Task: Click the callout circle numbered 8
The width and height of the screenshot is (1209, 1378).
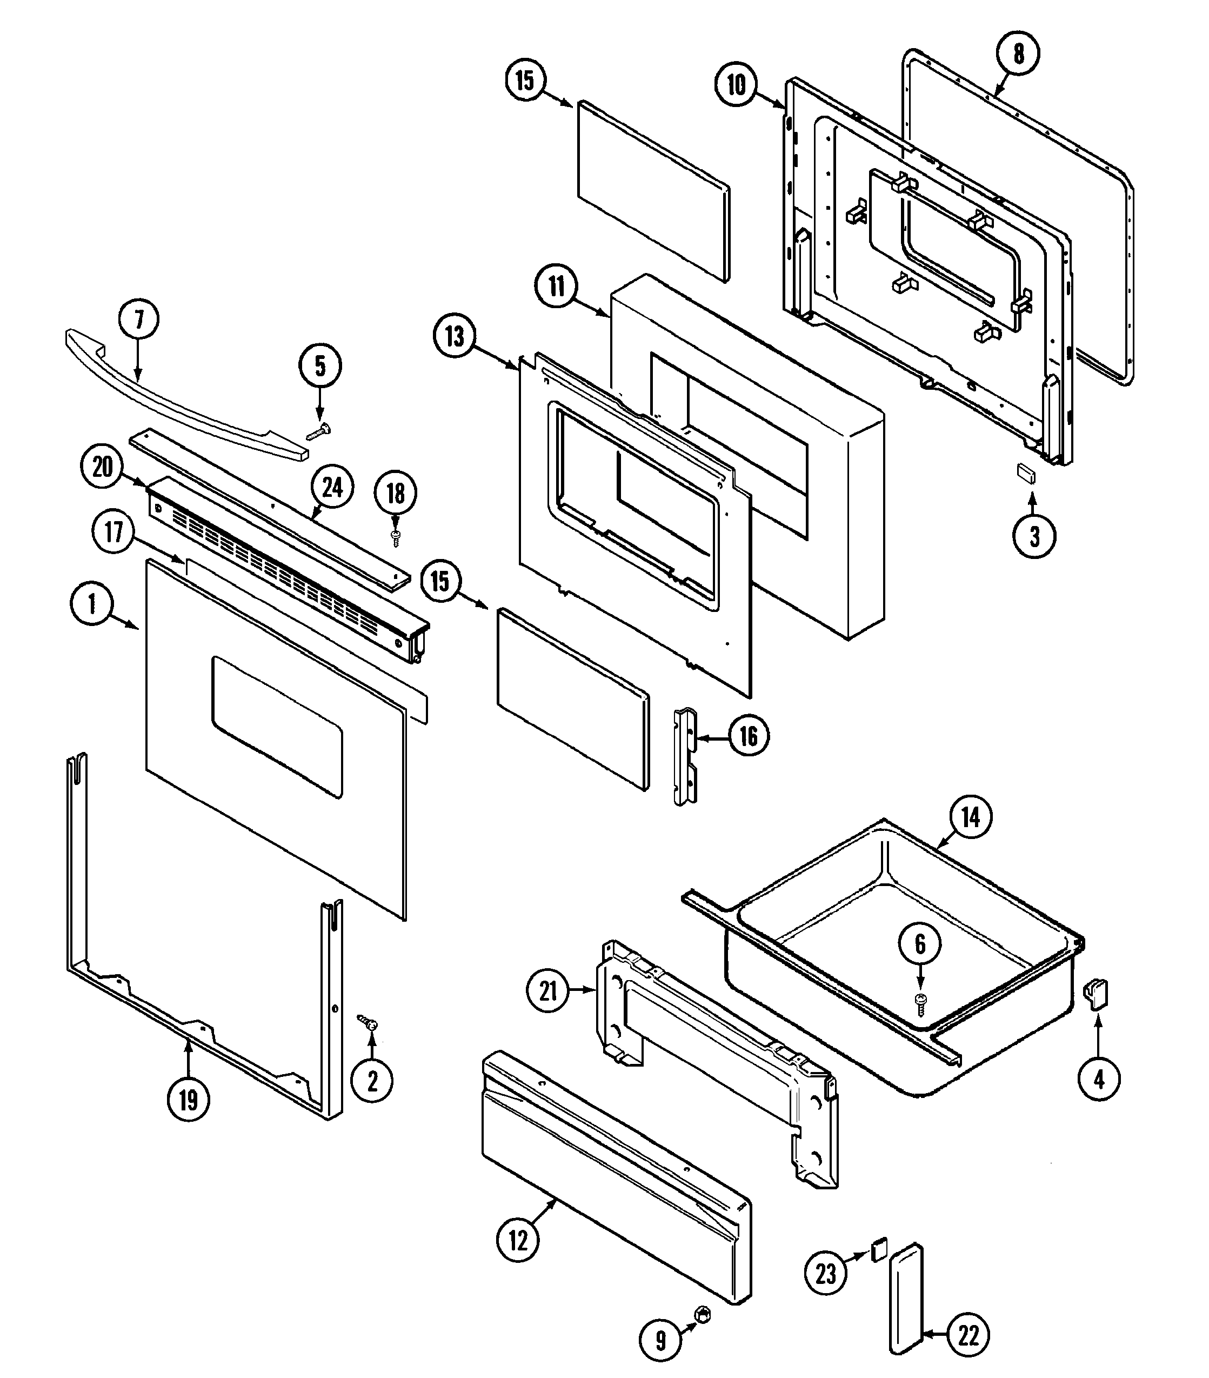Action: point(1018,54)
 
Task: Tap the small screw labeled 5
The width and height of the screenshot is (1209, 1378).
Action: point(319,431)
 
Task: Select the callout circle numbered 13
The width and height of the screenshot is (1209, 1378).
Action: point(454,336)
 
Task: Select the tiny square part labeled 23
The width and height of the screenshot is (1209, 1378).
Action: point(879,1250)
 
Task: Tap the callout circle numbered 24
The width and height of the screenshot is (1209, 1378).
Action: point(332,488)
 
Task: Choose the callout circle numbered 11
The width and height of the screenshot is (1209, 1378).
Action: point(556,286)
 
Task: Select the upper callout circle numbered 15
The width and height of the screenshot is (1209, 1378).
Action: point(525,79)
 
